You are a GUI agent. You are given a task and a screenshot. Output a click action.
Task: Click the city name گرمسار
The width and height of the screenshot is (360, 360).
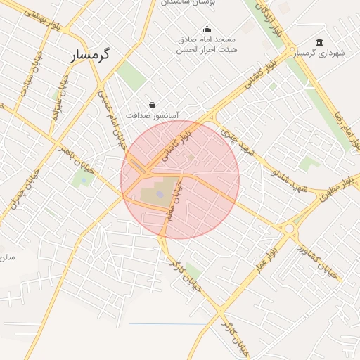click(92, 55)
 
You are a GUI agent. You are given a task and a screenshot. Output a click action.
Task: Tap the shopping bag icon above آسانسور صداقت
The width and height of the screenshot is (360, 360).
click(152, 104)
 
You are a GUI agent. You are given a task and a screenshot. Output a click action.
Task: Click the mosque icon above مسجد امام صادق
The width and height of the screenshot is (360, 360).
click(207, 29)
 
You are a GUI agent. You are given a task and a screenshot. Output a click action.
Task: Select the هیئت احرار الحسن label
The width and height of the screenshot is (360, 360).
click(207, 49)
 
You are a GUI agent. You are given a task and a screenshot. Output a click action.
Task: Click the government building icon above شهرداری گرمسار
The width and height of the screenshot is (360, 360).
click(320, 41)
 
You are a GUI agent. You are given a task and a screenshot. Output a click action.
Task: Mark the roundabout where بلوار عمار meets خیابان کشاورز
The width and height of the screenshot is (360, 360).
click(289, 229)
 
